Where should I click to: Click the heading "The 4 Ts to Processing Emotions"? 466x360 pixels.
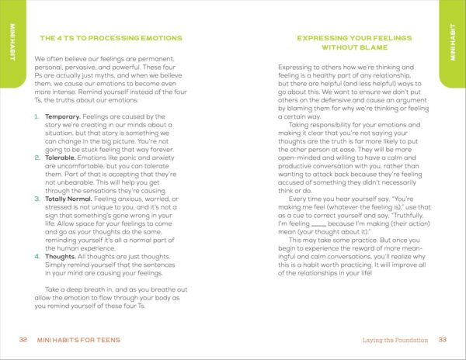(110, 37)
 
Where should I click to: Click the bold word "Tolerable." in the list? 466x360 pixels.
(60, 157)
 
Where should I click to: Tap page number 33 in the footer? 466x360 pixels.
(443, 340)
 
